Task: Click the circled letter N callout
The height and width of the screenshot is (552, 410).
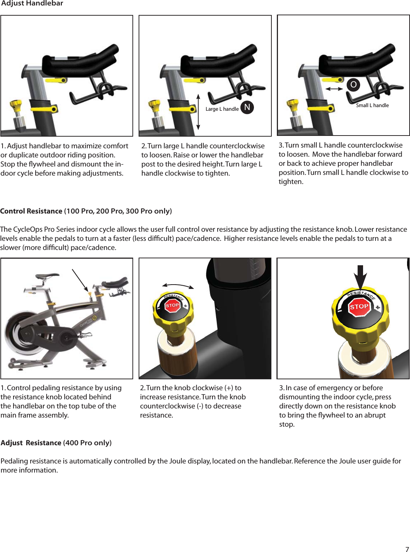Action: tap(247, 107)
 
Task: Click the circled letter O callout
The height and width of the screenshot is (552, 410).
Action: tap(353, 85)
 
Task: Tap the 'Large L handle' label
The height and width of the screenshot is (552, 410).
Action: tap(222, 109)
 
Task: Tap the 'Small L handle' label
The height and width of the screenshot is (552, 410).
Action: tap(372, 105)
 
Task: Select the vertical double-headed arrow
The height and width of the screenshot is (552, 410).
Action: tap(198, 112)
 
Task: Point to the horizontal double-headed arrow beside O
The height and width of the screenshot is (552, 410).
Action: tap(334, 89)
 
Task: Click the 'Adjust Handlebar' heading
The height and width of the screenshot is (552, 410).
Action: tap(32, 4)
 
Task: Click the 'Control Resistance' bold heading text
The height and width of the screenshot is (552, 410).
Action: tap(31, 211)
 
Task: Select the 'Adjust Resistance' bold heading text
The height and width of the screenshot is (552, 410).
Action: tap(31, 443)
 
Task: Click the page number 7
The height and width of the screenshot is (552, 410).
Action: tap(407, 549)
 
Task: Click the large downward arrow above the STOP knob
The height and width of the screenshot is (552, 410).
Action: tap(360, 277)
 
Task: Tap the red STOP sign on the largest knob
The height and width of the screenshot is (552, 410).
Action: tap(359, 307)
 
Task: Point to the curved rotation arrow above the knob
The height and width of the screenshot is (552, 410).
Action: tap(178, 286)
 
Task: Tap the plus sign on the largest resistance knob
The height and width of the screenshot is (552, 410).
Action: tap(378, 308)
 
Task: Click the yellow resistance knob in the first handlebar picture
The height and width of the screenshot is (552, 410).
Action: tap(16, 106)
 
